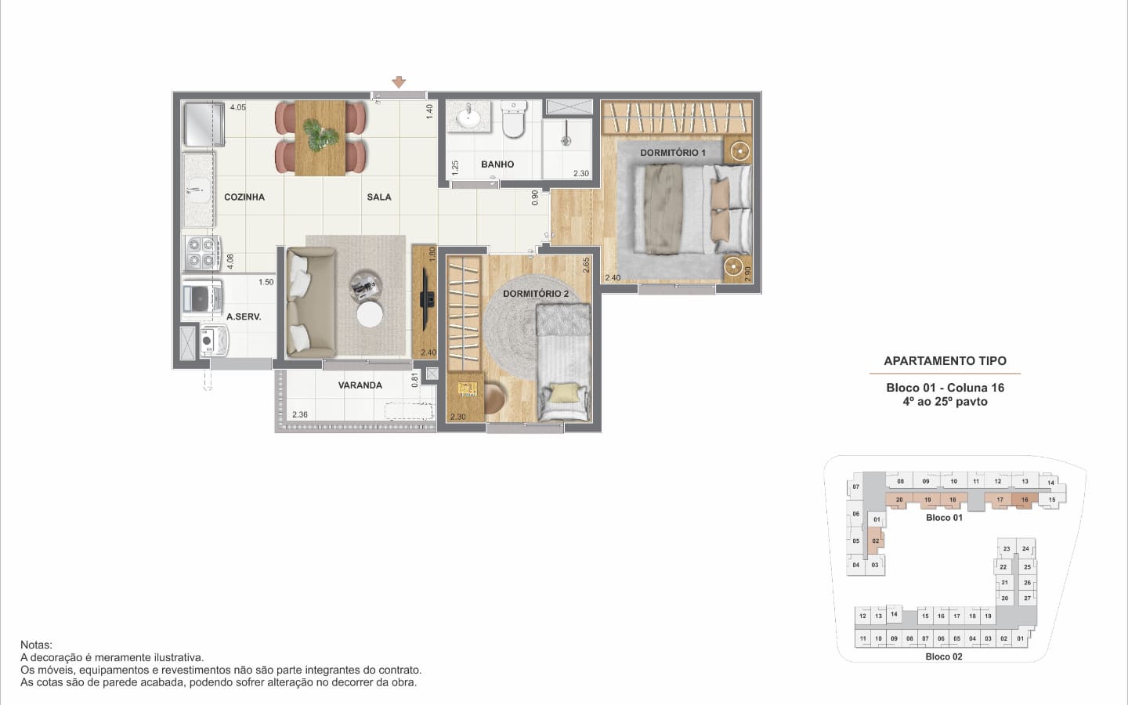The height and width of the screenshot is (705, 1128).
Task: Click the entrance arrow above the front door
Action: click(399, 82)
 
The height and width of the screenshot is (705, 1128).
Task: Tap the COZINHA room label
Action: click(244, 197)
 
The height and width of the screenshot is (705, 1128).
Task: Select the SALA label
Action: click(379, 197)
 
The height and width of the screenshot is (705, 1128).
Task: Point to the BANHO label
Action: click(497, 164)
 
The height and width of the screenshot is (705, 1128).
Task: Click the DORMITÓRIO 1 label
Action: click(673, 153)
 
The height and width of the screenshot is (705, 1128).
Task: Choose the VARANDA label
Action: click(360, 385)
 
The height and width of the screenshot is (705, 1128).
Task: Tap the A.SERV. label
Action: click(244, 316)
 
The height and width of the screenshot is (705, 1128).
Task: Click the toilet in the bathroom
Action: click(514, 119)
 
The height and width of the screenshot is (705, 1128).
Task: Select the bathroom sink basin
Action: click(468, 117)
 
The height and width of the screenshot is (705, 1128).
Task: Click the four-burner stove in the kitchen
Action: click(202, 253)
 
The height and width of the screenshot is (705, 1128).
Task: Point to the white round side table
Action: click(370, 314)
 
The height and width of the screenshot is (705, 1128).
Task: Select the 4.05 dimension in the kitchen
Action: click(238, 107)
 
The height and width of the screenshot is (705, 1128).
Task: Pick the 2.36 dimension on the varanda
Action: click(299, 414)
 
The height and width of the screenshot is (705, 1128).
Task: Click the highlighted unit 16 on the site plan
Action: click(1025, 500)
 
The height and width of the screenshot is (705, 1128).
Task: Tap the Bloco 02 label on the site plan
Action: click(944, 656)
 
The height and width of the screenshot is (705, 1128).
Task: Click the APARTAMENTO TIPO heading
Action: click(945, 360)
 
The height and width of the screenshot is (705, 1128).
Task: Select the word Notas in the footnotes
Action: click(36, 645)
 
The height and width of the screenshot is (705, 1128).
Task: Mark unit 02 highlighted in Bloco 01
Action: click(876, 540)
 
